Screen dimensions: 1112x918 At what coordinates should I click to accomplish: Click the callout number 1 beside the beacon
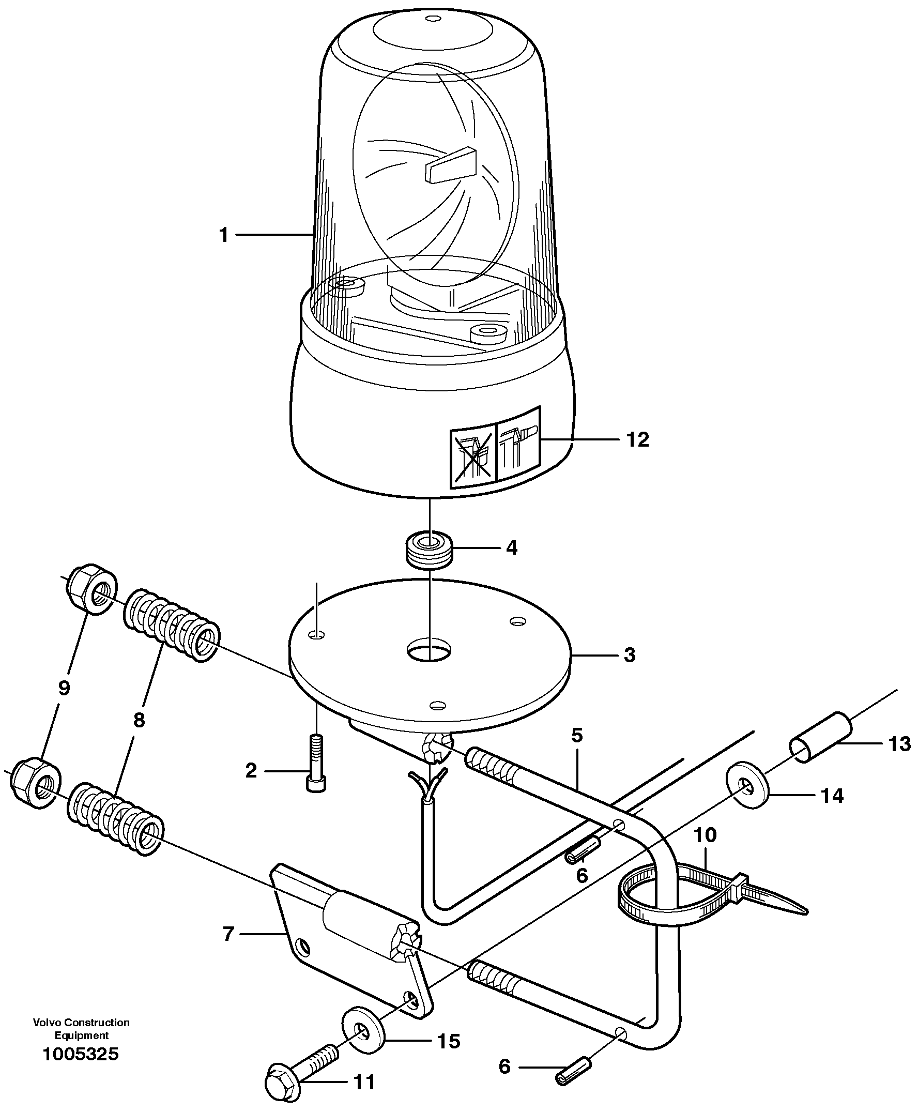(x=224, y=235)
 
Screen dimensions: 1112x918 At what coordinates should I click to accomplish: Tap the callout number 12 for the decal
(x=637, y=439)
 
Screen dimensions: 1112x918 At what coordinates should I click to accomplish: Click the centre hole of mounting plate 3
(x=430, y=649)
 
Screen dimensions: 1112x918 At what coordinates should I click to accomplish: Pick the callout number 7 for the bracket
(x=228, y=934)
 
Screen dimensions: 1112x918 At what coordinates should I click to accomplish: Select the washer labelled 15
(x=364, y=1030)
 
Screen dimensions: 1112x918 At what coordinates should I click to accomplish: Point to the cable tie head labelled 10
(x=741, y=881)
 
